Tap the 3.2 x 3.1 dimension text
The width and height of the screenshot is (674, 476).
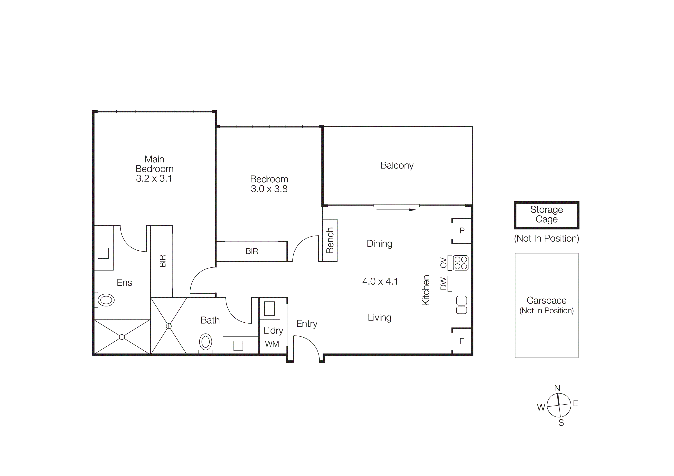tap(154, 178)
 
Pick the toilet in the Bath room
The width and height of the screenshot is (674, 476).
tap(206, 342)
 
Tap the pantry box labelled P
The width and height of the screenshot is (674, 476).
tap(462, 231)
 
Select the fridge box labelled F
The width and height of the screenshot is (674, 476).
tap(462, 341)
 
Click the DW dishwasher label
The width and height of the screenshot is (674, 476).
tap(443, 284)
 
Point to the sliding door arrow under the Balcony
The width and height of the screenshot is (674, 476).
tap(396, 210)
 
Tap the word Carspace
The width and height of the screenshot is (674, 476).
tap(546, 300)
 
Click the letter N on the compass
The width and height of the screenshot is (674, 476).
tap(557, 388)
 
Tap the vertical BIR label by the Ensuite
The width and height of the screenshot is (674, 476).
tap(163, 261)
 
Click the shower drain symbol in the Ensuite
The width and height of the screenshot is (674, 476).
tap(122, 337)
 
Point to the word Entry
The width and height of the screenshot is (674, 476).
tap(306, 324)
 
